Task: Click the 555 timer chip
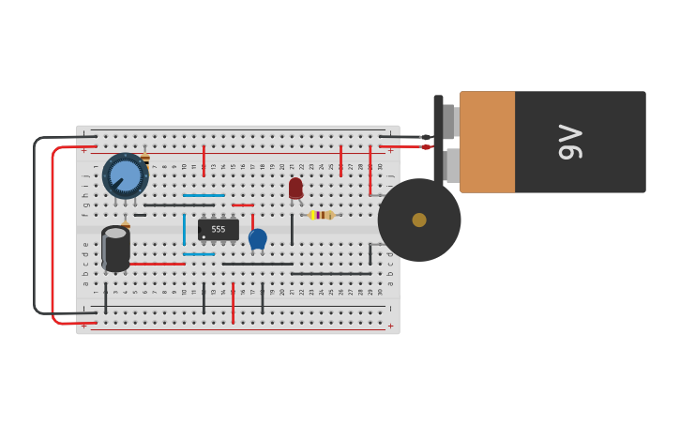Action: [219, 229]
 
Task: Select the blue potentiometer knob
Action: [125, 175]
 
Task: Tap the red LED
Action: [295, 188]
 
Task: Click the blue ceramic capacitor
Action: [258, 238]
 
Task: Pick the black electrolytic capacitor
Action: [115, 249]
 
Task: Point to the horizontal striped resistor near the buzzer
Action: [321, 215]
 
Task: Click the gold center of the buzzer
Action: [419, 220]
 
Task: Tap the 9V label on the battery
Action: [570, 142]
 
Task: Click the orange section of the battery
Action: [487, 142]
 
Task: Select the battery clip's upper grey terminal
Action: [449, 121]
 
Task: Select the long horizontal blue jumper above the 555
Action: [204, 195]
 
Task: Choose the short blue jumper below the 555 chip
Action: [199, 254]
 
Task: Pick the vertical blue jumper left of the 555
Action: [184, 228]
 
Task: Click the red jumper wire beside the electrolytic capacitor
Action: [157, 264]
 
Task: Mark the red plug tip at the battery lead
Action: [426, 147]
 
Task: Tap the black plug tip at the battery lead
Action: [426, 137]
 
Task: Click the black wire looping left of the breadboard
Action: [35, 225]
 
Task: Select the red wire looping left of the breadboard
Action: [53, 235]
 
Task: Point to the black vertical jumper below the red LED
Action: [292, 228]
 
